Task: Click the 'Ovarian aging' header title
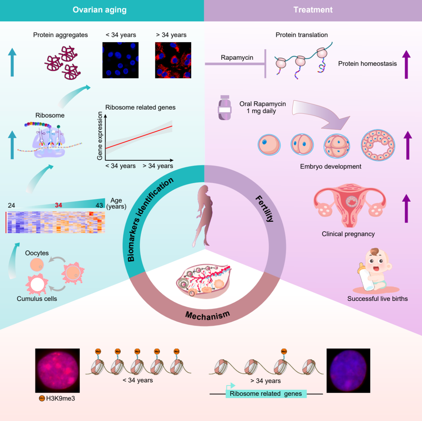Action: click(100, 10)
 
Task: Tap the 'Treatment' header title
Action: click(313, 10)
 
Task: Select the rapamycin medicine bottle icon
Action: click(225, 108)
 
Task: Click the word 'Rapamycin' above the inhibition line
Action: click(237, 58)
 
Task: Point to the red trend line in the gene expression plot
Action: click(139, 137)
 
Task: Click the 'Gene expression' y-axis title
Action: click(100, 136)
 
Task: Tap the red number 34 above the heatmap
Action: click(58, 205)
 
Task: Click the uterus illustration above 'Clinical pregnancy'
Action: click(349, 205)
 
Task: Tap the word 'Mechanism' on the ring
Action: click(207, 316)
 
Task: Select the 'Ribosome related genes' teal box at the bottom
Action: click(266, 394)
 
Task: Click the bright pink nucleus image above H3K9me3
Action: click(57, 370)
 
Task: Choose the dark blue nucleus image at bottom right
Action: click(348, 371)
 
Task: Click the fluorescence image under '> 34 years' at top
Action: click(173, 60)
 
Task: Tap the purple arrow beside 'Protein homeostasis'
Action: click(406, 64)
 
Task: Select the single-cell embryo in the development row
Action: click(269, 145)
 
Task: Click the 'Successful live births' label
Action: click(377, 299)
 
